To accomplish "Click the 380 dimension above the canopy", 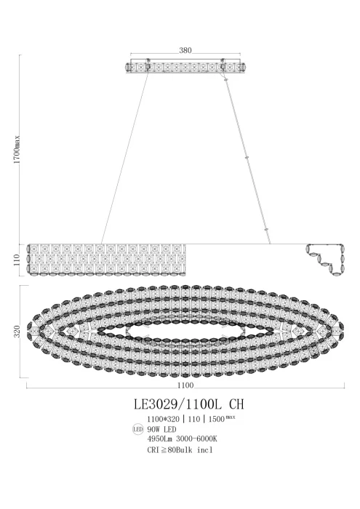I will pos(185,51).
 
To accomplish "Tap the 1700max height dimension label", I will pos(17,152).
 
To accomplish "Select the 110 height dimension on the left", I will pos(17,260).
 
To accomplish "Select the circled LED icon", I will pos(136,430).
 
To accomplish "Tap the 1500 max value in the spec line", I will pos(221,419).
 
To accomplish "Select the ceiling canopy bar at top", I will pos(185,66).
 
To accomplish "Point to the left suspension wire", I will pos(125,156).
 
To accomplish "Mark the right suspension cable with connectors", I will pos(247,156).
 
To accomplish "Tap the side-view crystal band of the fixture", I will pos(107,260).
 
